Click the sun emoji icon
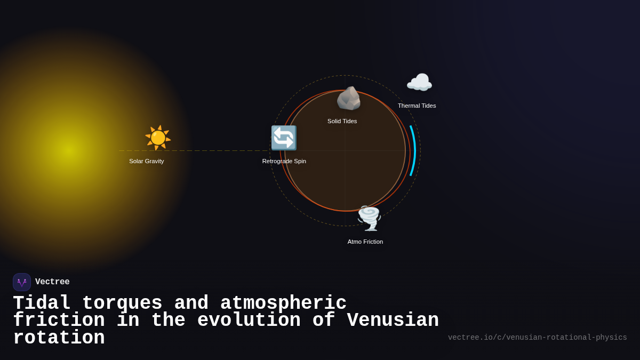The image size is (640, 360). [x=158, y=138]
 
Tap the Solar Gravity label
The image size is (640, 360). [x=147, y=161]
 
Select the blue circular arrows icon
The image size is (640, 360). [x=284, y=138]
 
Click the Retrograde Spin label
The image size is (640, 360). [x=284, y=161]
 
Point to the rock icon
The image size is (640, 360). [x=348, y=98]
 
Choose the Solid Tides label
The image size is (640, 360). [x=342, y=121]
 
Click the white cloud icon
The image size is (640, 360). [x=419, y=83]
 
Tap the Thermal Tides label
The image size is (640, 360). [x=417, y=106]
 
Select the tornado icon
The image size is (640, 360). [x=369, y=218]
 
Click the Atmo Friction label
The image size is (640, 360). [x=365, y=242]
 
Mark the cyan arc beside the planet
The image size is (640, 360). [x=414, y=150]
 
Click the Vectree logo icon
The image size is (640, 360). [x=22, y=282]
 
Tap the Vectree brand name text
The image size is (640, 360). [x=52, y=282]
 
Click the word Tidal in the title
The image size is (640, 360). [x=42, y=303]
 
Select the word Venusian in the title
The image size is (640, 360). [x=393, y=321]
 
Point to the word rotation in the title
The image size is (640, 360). [x=59, y=338]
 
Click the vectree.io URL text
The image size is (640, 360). [x=537, y=338]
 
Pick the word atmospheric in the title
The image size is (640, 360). [x=283, y=303]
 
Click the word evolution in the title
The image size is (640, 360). [x=249, y=321]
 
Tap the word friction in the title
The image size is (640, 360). [x=59, y=321]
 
